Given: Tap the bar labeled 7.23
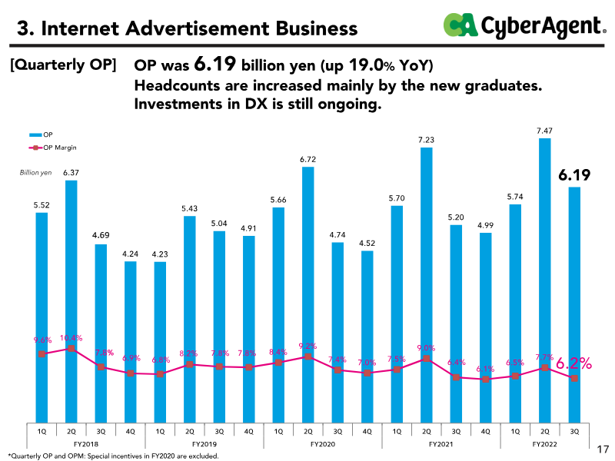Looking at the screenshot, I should coord(426,284).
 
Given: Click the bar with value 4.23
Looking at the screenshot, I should coord(160,342).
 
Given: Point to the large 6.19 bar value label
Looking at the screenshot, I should coord(574,176).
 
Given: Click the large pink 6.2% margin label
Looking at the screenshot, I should coord(574,363).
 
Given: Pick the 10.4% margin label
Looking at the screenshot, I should coord(70,337).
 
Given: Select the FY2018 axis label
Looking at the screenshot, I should coord(86,444).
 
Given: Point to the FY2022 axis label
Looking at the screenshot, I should coord(545,444).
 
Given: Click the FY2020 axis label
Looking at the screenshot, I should coord(323,444).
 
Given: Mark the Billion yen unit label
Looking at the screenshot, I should coord(35,173).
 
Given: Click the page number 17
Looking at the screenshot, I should coord(603,448).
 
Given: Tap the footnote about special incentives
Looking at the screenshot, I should coord(114,456).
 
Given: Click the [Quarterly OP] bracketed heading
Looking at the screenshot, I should coord(63,65).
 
